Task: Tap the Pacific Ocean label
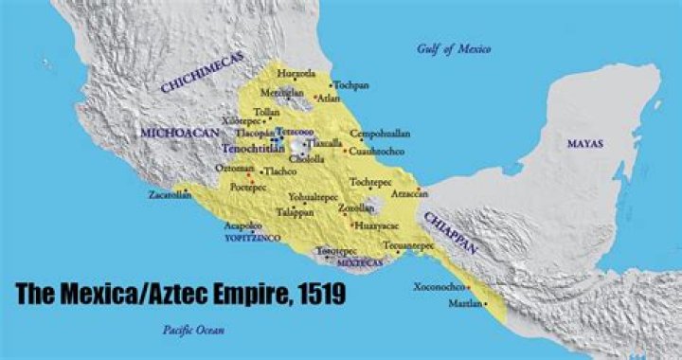coord(186,329)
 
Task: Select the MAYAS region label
coord(584,143)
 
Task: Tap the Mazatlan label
coord(463,304)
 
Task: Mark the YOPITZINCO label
coord(252,240)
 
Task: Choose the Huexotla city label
coord(297,72)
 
